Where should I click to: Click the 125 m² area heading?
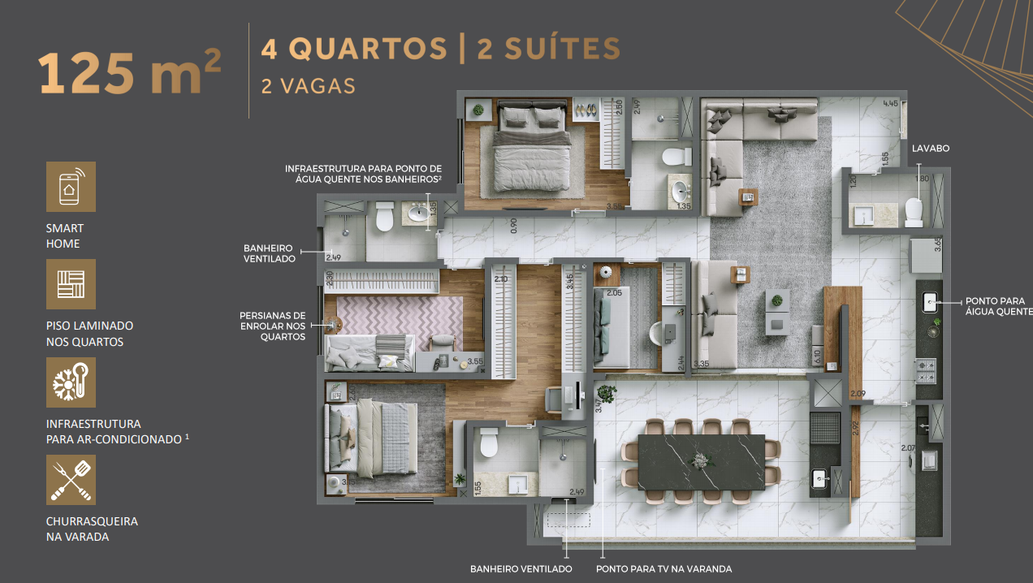click(129, 73)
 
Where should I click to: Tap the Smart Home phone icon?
click(71, 187)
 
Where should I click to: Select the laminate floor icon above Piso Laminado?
click(71, 284)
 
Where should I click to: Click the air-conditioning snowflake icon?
click(71, 382)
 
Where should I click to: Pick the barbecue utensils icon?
click(71, 480)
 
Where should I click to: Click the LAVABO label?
click(930, 149)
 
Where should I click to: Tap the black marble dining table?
click(702, 463)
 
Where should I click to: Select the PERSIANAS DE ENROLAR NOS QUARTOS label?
click(272, 326)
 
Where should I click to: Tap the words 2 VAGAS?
click(308, 86)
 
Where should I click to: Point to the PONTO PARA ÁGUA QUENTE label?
click(998, 305)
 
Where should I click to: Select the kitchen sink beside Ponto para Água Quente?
click(931, 304)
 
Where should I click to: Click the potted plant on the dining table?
click(700, 460)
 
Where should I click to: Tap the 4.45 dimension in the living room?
click(890, 104)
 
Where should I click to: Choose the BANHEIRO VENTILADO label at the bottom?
click(521, 569)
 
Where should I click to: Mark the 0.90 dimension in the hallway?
click(513, 225)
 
